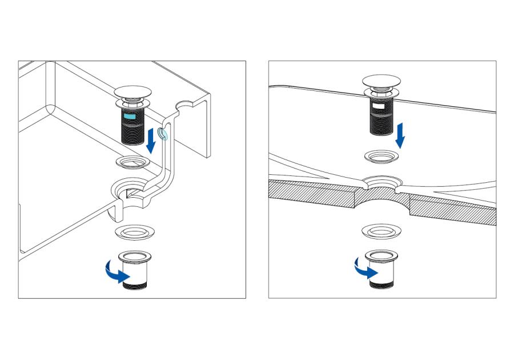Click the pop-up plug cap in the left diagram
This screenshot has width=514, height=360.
132,91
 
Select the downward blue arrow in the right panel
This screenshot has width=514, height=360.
401,135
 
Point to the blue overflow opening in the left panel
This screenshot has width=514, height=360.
163,134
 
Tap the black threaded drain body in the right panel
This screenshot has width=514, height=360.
381,117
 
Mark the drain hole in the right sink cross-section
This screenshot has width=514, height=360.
382,184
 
